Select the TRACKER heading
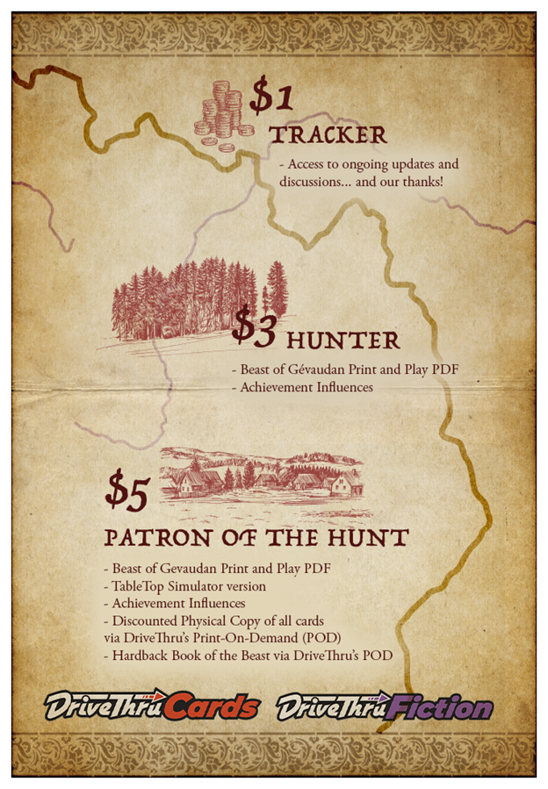coord(328,135)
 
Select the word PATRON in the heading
coord(149,537)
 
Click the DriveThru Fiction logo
coord(384,706)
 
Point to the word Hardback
coord(140,656)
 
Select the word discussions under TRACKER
coord(316,182)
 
